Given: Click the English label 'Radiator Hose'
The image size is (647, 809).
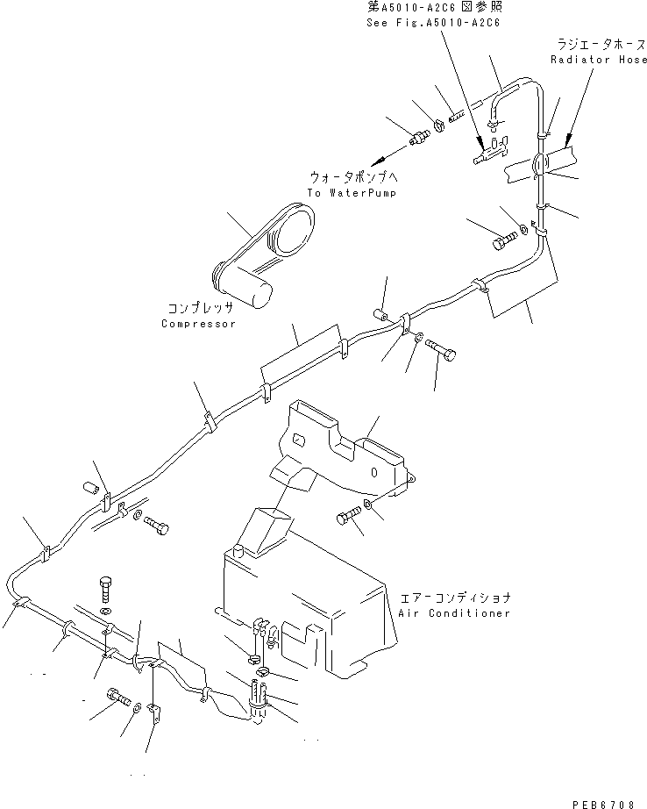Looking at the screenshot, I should coord(599,60).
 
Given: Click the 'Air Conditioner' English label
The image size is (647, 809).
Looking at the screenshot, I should coord(453,613).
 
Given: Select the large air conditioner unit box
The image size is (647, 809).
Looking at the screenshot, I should coord(298,597).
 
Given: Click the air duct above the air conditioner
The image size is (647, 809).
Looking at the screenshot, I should coord(342,447).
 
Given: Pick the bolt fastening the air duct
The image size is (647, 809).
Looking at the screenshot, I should coord(347,517).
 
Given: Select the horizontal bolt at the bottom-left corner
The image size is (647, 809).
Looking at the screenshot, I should coord(118,699).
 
